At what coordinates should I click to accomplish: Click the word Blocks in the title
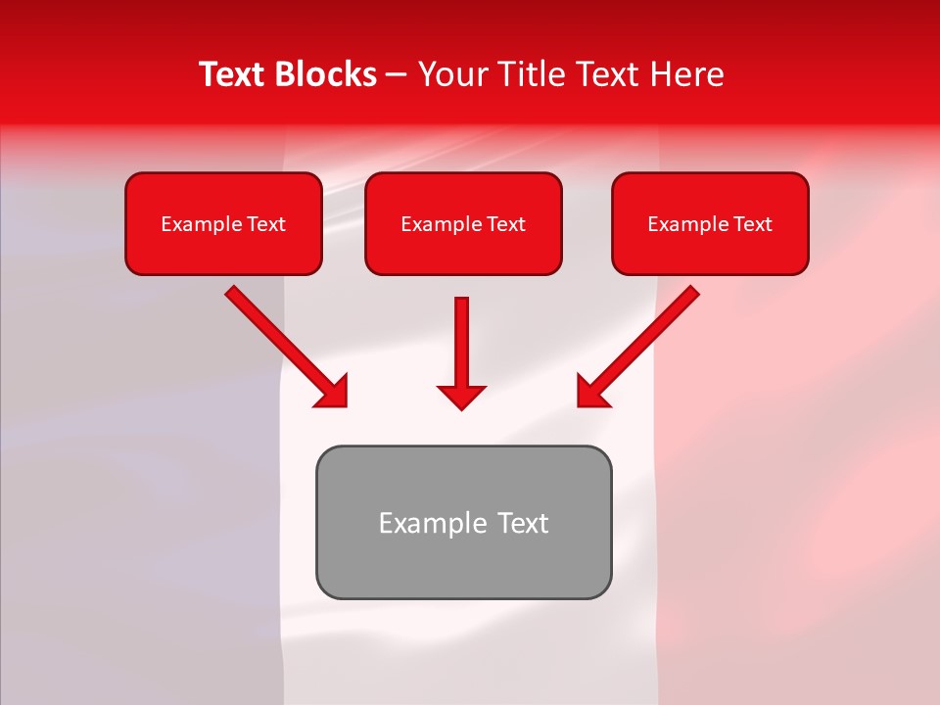pos(324,74)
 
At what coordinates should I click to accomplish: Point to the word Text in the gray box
pos(524,523)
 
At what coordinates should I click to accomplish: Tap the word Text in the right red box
pos(752,224)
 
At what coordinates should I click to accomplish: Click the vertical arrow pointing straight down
pos(461,343)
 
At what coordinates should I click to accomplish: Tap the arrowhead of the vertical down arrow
pos(461,397)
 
